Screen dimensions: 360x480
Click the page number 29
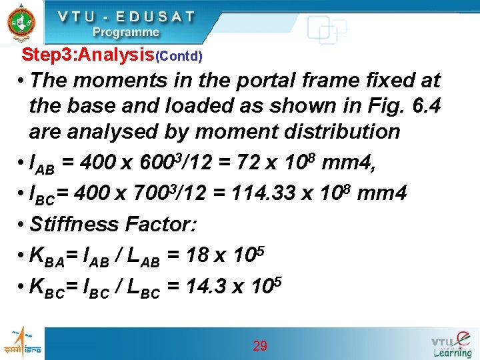(x=260, y=346)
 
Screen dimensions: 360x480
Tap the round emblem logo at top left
(x=21, y=23)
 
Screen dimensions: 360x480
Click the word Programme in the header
(x=125, y=32)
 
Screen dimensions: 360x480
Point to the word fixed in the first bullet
(x=387, y=81)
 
